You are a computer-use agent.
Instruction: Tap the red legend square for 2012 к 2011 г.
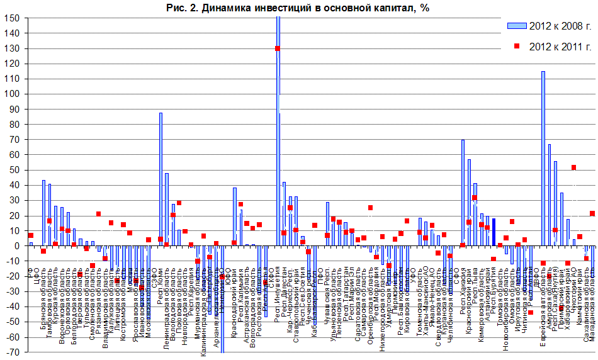(517, 46)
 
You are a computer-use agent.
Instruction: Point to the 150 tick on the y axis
(12, 18)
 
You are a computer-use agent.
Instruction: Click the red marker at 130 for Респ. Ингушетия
(278, 48)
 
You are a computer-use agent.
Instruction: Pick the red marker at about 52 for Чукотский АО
(573, 167)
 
